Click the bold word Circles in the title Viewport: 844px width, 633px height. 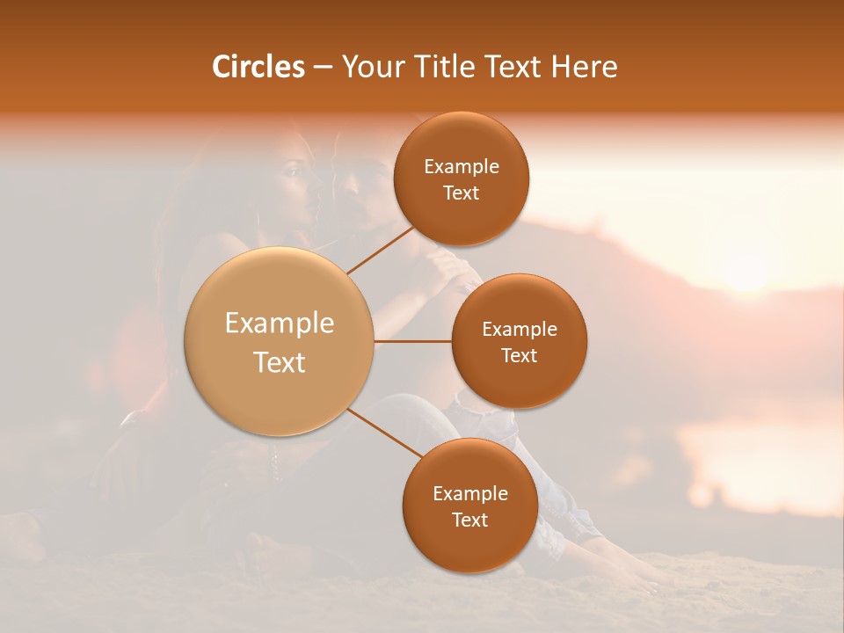[259, 67]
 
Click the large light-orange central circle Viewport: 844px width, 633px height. [280, 342]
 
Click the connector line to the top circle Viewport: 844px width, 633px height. [382, 250]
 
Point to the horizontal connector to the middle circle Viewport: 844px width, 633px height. [412, 341]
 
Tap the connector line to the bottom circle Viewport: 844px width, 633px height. [385, 433]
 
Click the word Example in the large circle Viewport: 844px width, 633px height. [280, 324]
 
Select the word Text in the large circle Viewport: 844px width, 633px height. [280, 362]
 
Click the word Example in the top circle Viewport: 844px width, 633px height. [462, 166]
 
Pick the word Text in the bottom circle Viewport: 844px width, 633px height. [469, 520]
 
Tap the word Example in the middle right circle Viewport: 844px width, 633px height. [520, 329]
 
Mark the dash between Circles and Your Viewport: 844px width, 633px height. [323, 67]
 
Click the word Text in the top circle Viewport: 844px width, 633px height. [462, 193]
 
